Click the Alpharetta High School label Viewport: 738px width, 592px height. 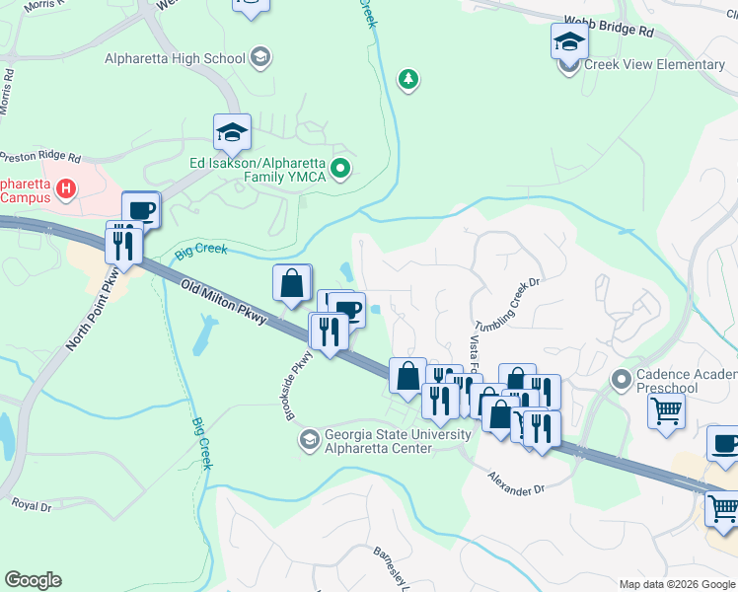pyautogui.click(x=176, y=58)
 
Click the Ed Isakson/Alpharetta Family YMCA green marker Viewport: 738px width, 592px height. pyautogui.click(x=340, y=169)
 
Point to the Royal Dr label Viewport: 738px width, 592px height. pyautogui.click(x=32, y=503)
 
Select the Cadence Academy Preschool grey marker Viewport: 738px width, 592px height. pyautogui.click(x=622, y=378)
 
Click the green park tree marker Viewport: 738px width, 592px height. pyautogui.click(x=406, y=78)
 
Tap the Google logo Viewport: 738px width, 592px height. pyautogui.click(x=33, y=580)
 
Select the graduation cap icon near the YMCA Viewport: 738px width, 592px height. pyautogui.click(x=232, y=132)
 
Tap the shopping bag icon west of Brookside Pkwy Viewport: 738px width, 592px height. pyautogui.click(x=293, y=283)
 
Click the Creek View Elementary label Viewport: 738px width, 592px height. pyautogui.click(x=654, y=65)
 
